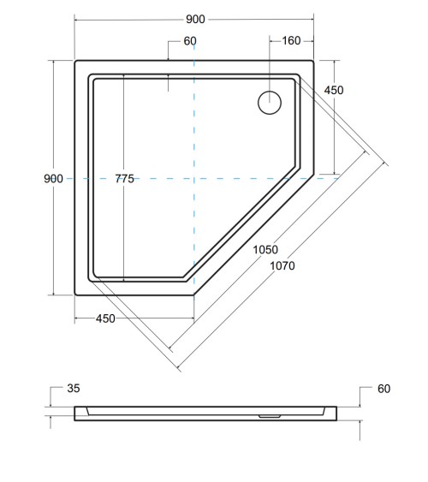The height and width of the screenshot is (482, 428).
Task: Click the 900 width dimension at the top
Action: click(195, 18)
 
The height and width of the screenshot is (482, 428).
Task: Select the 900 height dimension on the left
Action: click(53, 178)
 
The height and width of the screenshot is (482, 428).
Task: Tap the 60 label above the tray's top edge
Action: click(189, 41)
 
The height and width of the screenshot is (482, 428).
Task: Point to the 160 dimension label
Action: click(292, 40)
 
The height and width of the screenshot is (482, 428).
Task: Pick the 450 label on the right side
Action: click(334, 91)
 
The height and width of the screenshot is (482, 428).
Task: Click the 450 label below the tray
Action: click(105, 318)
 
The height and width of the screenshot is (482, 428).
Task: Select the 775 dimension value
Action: click(124, 178)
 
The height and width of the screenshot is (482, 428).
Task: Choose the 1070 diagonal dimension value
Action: click(281, 265)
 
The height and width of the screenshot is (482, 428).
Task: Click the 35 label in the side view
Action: click(74, 389)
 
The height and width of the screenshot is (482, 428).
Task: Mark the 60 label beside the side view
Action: click(383, 389)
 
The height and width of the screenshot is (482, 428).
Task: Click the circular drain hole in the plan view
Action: click(270, 102)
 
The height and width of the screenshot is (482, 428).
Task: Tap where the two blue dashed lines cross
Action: click(195, 178)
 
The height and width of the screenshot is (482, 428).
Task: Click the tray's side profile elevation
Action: click(205, 414)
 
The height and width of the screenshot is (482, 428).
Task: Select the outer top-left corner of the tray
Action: click(76, 62)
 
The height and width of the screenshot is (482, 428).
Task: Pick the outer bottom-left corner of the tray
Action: click(76, 295)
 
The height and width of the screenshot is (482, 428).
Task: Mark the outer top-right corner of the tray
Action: click(313, 62)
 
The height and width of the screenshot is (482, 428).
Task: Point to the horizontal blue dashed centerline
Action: click(257, 178)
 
